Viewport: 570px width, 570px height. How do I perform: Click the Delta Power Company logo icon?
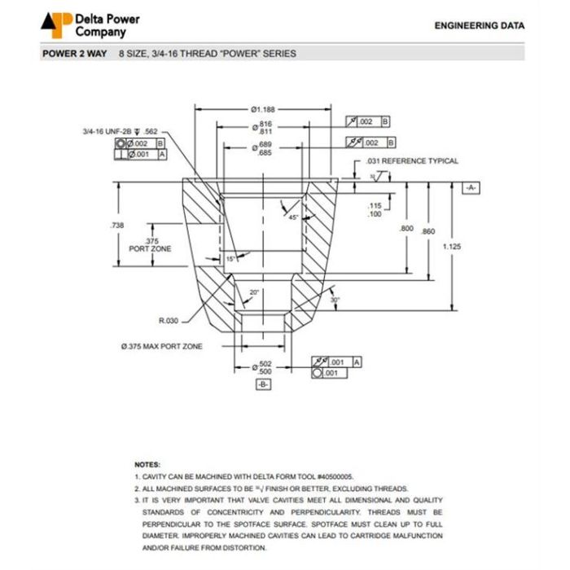pyautogui.click(x=55, y=24)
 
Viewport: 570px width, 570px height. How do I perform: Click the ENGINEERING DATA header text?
pyautogui.click(x=480, y=26)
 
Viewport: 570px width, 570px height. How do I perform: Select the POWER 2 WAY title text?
pyautogui.click(x=74, y=54)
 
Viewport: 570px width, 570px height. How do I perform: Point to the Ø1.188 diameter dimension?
pyautogui.click(x=263, y=109)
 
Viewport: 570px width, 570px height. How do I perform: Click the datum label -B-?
pyautogui.click(x=263, y=384)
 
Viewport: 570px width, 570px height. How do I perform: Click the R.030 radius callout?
pyautogui.click(x=169, y=319)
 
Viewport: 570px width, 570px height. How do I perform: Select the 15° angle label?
pyautogui.click(x=231, y=258)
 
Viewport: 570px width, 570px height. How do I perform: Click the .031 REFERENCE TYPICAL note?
pyautogui.click(x=412, y=161)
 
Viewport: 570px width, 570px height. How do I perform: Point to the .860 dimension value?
pyautogui.click(x=428, y=231)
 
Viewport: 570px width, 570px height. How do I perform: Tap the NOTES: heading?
pyautogui.click(x=147, y=463)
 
